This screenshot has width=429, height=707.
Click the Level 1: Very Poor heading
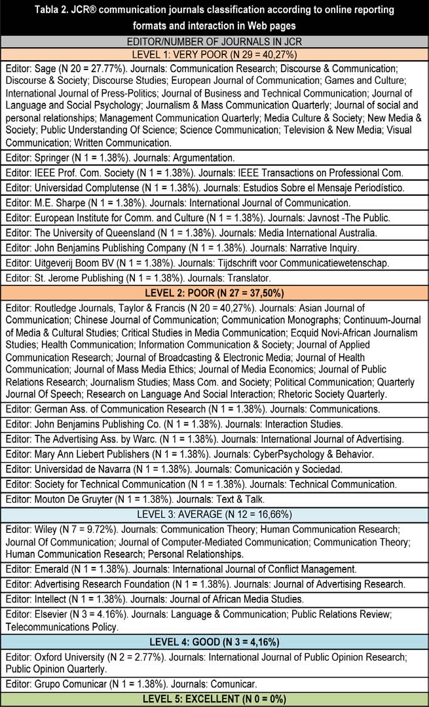coord(214,54)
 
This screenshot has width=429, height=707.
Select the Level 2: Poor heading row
coord(214,292)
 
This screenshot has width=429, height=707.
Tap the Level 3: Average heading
coord(214,513)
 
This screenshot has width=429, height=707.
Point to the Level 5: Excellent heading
coord(214,699)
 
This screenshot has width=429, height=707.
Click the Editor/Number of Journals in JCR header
coord(214,42)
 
